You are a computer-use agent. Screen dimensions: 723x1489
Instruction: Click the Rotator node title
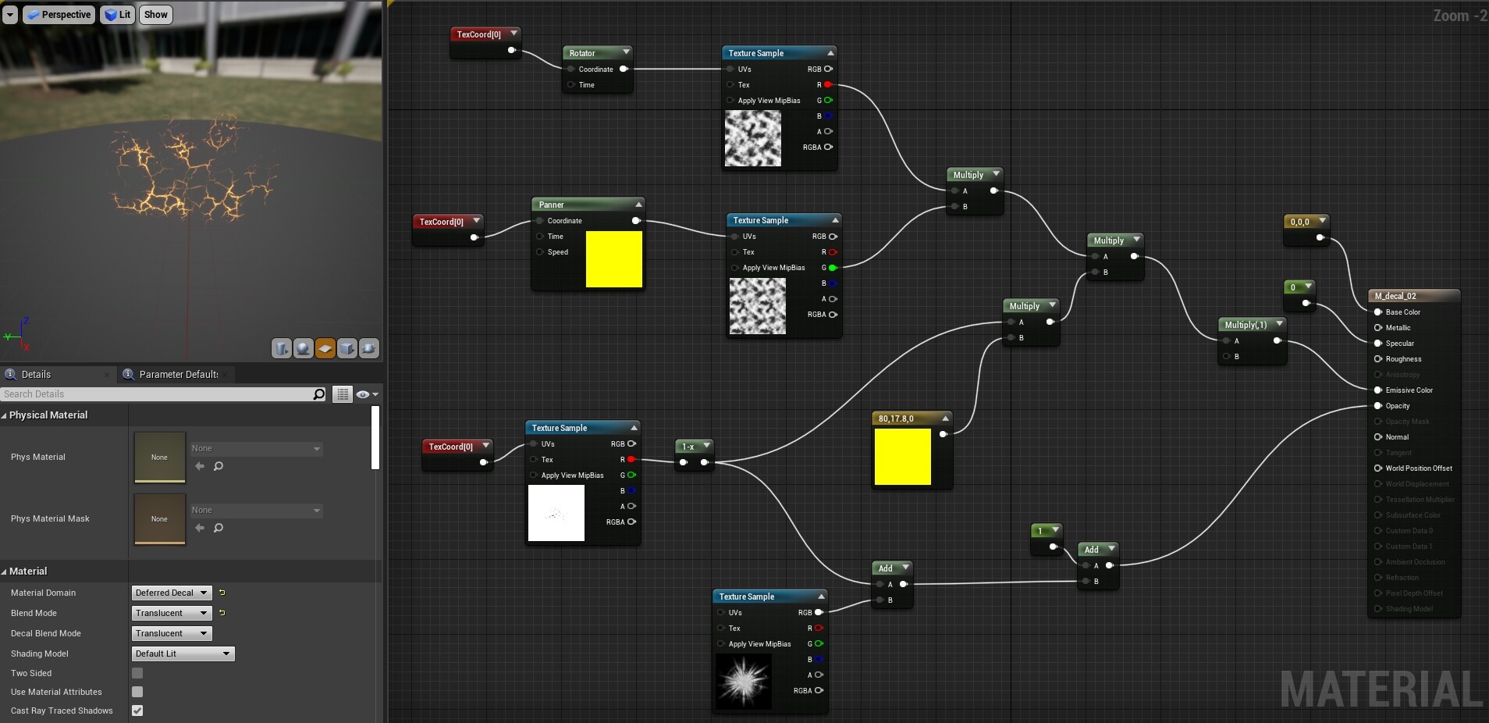[x=582, y=53]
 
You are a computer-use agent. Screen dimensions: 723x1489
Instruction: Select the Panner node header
[x=552, y=205]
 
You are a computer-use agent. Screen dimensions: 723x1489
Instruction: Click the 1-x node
[x=688, y=447]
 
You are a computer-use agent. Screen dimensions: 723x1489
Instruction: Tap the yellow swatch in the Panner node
[x=613, y=259]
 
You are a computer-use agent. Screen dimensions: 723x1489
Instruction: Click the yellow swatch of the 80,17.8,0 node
[x=903, y=457]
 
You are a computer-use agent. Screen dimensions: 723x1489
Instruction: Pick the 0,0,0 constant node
[x=1300, y=222]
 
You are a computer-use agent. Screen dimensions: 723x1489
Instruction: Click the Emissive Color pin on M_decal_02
[x=1378, y=390]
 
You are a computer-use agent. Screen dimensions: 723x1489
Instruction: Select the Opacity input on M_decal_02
[x=1378, y=406]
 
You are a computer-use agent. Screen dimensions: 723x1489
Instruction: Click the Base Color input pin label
[x=1402, y=312]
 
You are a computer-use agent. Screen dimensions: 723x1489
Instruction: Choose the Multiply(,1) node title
[x=1246, y=325]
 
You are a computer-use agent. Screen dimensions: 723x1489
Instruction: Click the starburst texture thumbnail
[x=744, y=682]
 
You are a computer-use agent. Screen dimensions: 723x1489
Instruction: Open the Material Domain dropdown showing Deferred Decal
[x=172, y=593]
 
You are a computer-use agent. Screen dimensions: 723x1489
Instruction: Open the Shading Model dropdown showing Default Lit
[x=183, y=654]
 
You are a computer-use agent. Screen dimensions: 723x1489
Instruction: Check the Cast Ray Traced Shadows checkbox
[x=137, y=711]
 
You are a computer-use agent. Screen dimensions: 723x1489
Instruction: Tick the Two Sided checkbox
[x=137, y=673]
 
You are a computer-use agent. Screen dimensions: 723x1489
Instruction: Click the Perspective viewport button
[x=59, y=15]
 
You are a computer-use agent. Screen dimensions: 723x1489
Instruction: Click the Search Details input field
[x=156, y=394]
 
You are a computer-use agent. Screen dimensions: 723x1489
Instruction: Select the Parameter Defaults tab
[x=178, y=375]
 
